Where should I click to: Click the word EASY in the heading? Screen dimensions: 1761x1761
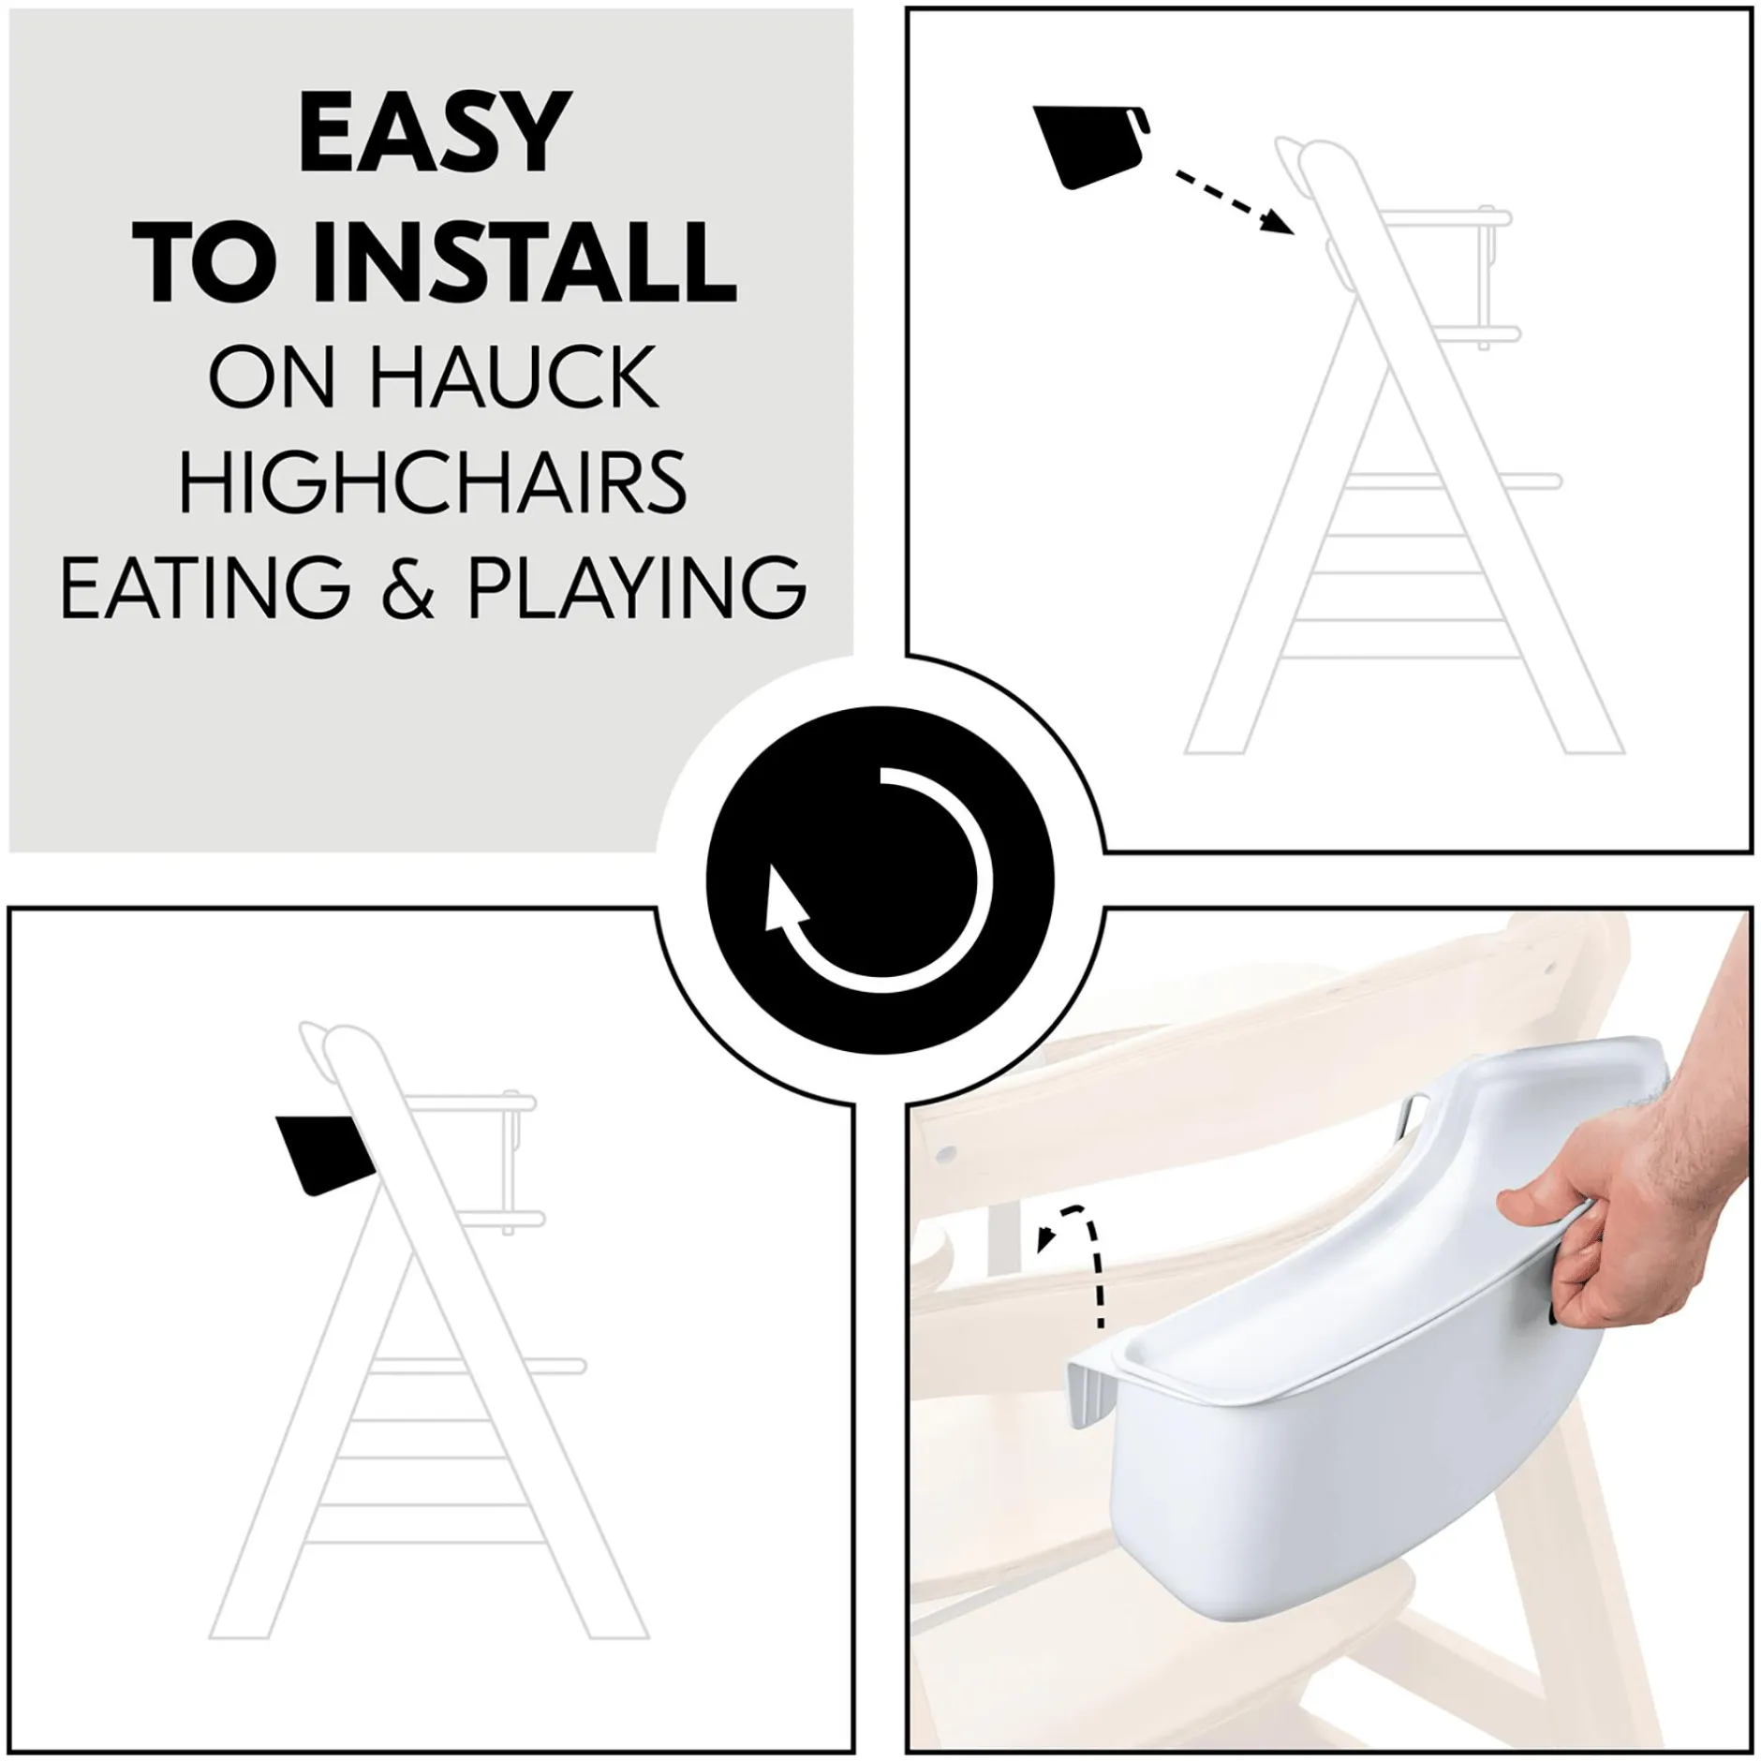432,133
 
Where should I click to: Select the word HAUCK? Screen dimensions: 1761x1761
513,377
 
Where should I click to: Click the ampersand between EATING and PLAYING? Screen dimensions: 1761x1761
409,586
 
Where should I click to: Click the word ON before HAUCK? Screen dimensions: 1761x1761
272,377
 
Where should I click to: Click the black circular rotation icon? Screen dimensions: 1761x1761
880,880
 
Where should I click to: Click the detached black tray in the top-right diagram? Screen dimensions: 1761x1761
1092,146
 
